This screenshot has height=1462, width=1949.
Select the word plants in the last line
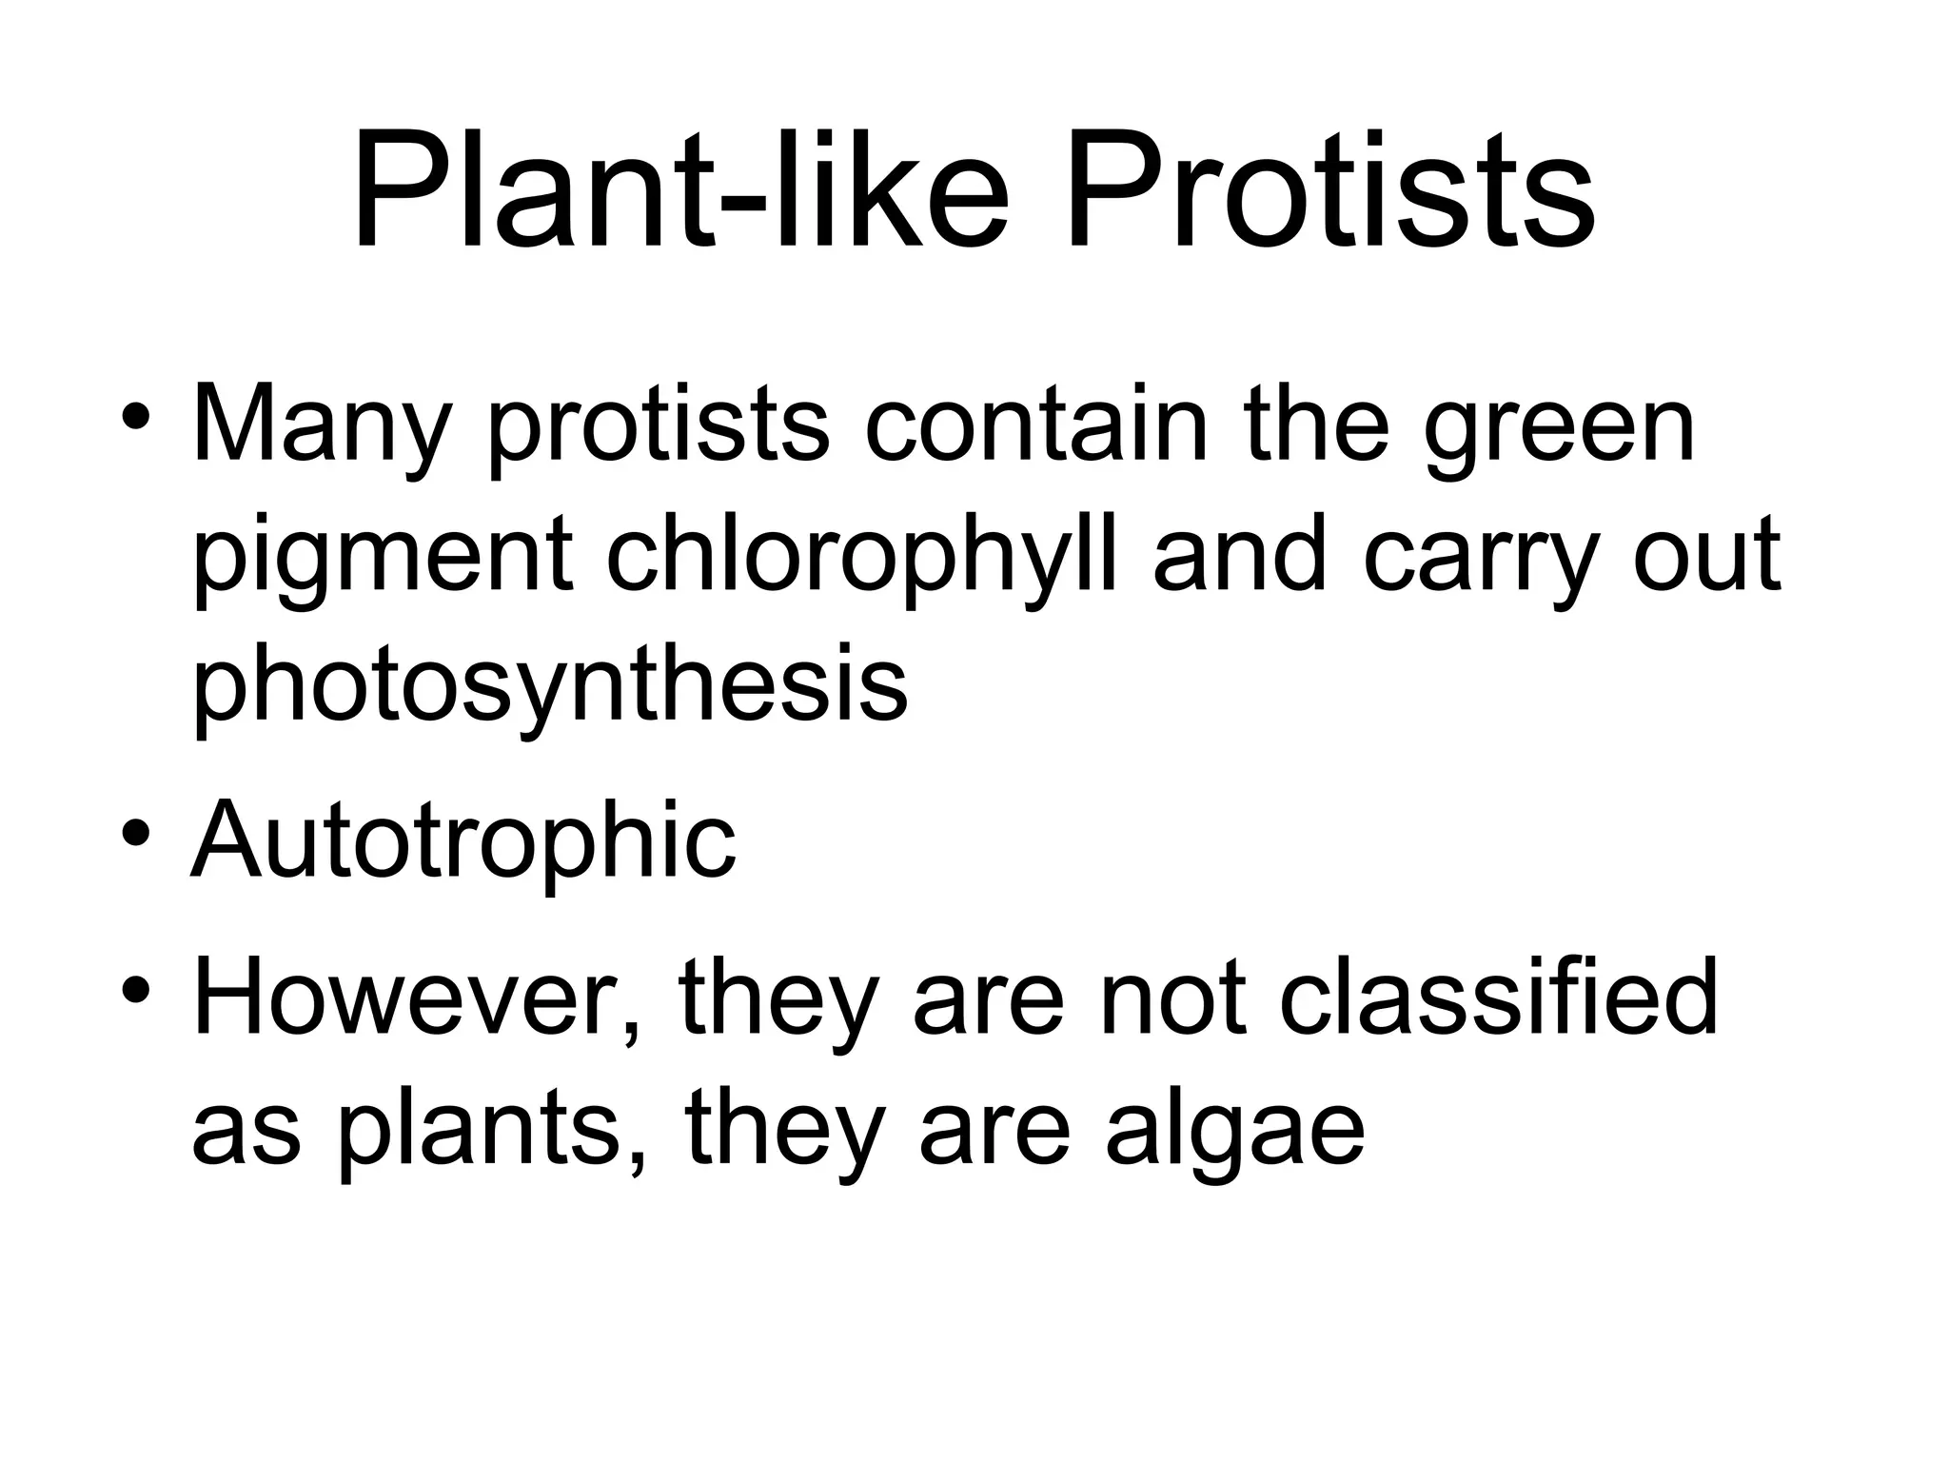point(481,1133)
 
